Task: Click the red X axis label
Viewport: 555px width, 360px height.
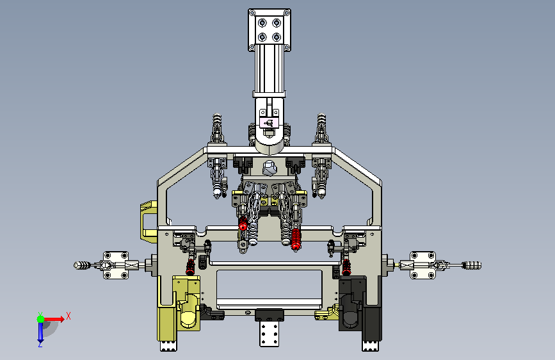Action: (68, 316)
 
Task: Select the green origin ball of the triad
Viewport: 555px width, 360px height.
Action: (41, 319)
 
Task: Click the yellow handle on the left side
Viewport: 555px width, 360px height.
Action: (149, 222)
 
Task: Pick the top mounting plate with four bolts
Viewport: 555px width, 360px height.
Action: (269, 30)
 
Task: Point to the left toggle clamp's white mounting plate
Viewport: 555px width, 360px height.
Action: (116, 265)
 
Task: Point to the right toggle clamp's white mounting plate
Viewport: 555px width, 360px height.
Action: (422, 265)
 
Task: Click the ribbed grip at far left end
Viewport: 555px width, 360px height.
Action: (82, 265)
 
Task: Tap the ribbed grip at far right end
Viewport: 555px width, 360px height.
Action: (472, 265)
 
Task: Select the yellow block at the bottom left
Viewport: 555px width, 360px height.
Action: (179, 309)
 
